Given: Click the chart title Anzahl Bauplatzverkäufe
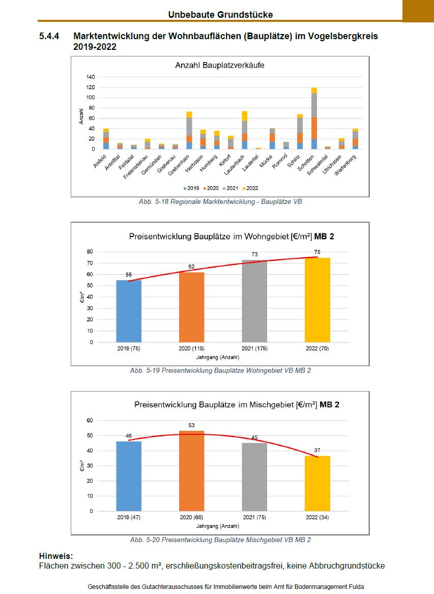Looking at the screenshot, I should [x=219, y=65].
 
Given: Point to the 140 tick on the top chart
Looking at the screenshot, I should [x=91, y=77].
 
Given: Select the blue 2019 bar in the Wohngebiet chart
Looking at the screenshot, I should [x=129, y=311].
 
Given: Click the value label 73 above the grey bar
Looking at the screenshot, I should [x=254, y=254].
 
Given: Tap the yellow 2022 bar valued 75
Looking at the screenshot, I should [x=317, y=300].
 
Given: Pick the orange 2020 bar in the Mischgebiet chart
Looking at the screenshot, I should [x=191, y=470].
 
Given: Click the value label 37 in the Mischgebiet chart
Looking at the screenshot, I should [x=317, y=450].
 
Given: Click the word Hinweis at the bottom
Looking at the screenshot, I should [x=55, y=556].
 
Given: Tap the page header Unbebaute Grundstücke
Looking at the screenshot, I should [x=220, y=15].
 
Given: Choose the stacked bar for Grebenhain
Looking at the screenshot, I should [x=189, y=130].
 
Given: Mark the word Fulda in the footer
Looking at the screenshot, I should [x=355, y=586].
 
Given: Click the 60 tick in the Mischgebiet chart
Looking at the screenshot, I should [x=91, y=420].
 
